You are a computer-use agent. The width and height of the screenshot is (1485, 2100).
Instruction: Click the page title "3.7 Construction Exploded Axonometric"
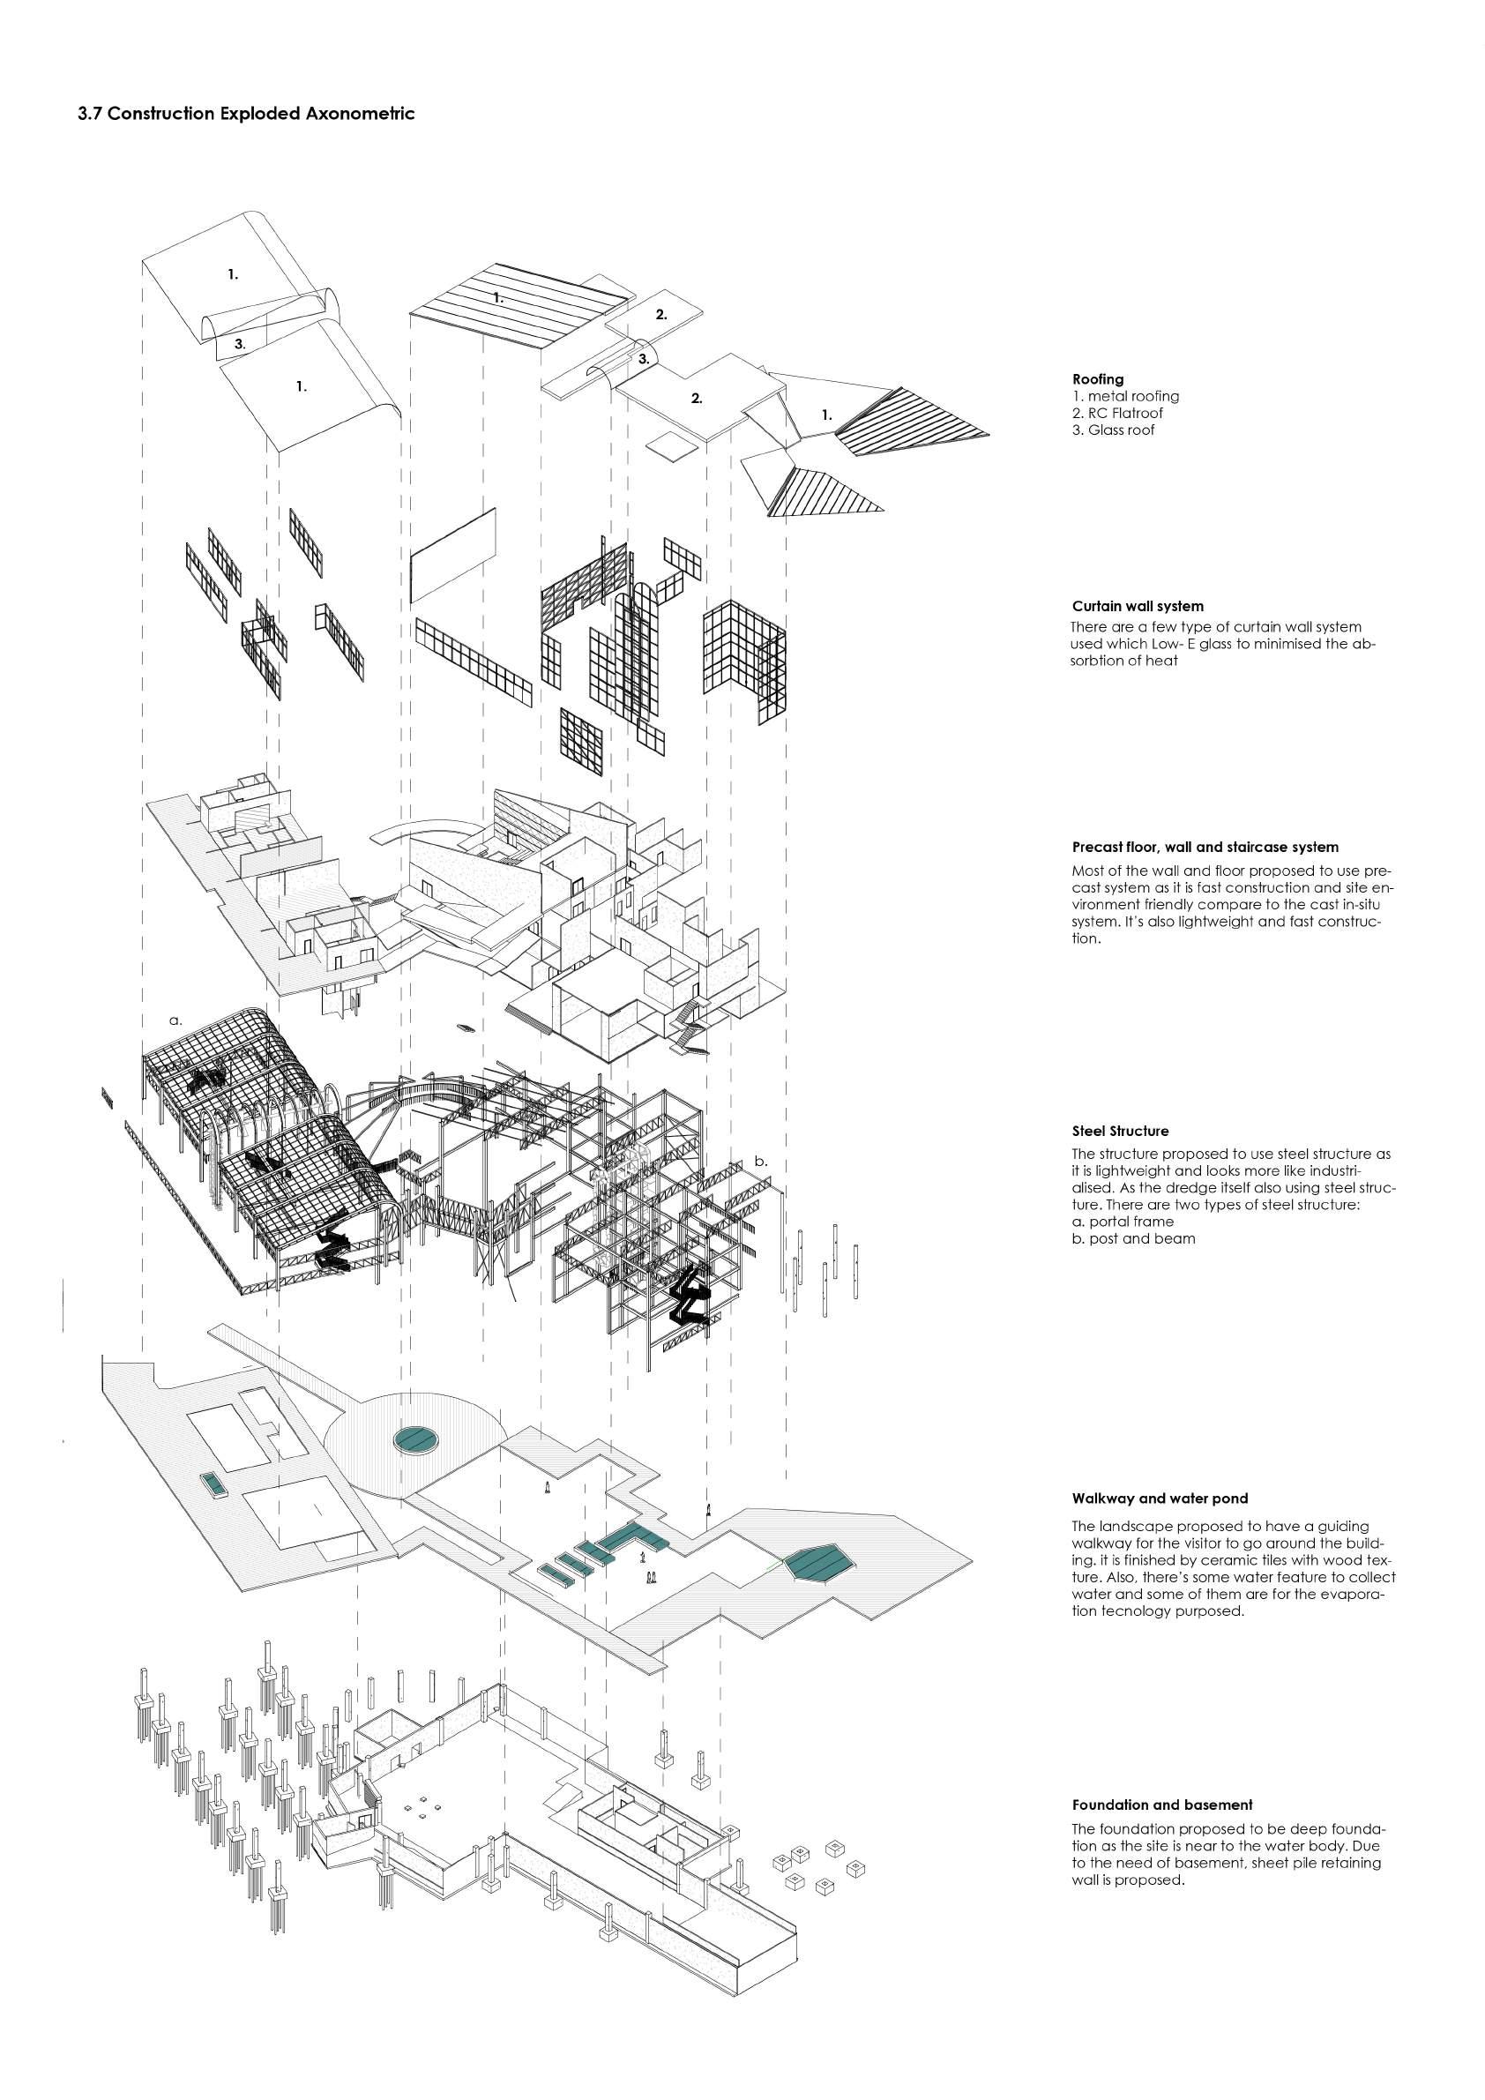tap(246, 115)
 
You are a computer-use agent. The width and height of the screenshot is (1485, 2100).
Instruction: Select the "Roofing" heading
tap(1097, 378)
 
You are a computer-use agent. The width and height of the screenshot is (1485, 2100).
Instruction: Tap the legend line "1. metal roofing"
tap(1124, 396)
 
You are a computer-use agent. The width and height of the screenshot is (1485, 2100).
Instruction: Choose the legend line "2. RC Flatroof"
tap(1117, 414)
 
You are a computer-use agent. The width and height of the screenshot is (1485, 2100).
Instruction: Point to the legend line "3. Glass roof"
tap(1113, 430)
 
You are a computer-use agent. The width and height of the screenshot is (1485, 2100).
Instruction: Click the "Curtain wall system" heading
tap(1137, 606)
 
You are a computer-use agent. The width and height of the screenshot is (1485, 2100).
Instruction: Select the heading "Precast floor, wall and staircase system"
tap(1205, 847)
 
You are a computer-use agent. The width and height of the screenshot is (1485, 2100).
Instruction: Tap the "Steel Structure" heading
tap(1119, 1132)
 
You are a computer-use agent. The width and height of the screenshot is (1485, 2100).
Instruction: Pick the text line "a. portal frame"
tap(1122, 1221)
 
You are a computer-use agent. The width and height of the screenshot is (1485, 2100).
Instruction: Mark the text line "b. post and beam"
tap(1133, 1238)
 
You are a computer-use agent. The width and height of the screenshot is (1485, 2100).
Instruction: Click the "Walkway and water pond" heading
tap(1159, 1498)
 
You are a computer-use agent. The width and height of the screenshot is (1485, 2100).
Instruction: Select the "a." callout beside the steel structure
tap(175, 1019)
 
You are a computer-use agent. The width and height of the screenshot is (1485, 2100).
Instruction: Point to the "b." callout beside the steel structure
tap(761, 1162)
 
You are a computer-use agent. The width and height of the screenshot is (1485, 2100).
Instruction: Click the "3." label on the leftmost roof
tap(240, 344)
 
